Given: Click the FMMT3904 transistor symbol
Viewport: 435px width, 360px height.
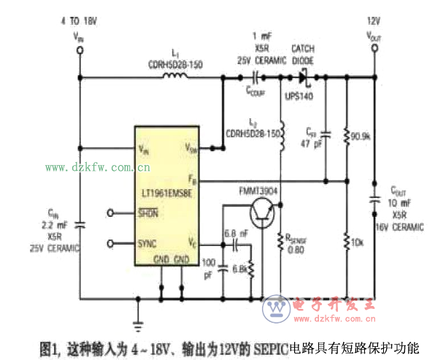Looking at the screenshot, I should pyautogui.click(x=261, y=213).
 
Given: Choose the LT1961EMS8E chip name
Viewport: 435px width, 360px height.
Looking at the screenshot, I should pyautogui.click(x=167, y=194).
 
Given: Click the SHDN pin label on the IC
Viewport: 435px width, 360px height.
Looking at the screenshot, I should pyautogui.click(x=147, y=212).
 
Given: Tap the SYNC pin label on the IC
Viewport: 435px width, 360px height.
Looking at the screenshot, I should pyautogui.click(x=147, y=243).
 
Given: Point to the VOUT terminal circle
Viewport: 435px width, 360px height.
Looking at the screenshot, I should pyautogui.click(x=375, y=49).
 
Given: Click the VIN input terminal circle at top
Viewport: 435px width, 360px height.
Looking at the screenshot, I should pyautogui.click(x=80, y=49).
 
